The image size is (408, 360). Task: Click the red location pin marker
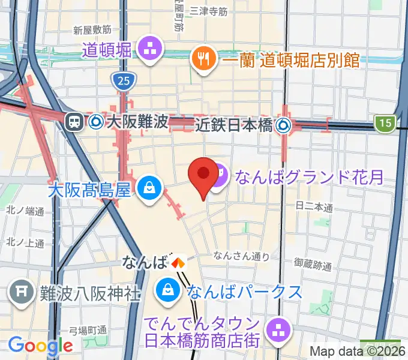click(203, 176)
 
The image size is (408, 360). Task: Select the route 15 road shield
click(385, 124)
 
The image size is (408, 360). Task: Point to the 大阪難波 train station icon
click(74, 122)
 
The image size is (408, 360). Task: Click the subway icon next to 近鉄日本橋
click(283, 125)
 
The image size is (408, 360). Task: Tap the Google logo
click(40, 345)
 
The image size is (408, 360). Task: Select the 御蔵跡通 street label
click(313, 263)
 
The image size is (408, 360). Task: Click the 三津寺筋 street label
click(208, 11)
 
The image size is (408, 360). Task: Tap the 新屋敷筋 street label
click(92, 29)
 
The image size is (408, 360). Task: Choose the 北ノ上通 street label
click(25, 243)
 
